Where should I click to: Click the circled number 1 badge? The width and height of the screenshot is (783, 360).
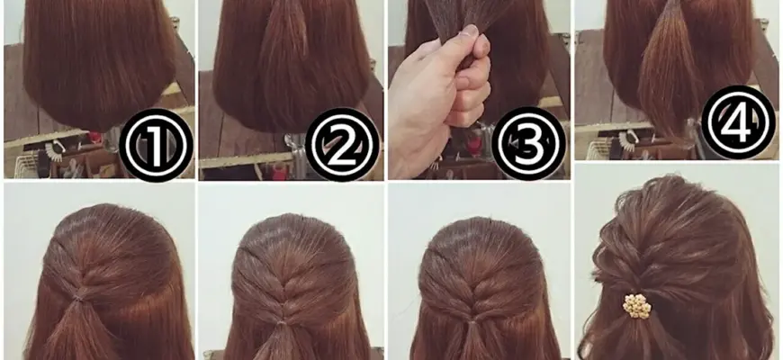[x=157, y=145]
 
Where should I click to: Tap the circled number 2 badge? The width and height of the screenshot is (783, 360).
[x=343, y=144]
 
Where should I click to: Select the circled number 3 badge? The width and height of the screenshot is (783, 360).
[x=529, y=144]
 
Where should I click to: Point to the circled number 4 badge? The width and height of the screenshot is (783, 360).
[x=739, y=122]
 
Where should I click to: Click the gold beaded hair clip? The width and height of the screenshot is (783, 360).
[x=636, y=306]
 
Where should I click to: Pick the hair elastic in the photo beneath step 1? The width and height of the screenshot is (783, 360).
[x=77, y=299]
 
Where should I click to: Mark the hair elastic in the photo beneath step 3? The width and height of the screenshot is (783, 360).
[x=472, y=322]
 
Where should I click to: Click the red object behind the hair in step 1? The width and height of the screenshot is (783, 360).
[x=94, y=136]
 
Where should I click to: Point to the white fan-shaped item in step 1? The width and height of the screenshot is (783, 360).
[x=53, y=149]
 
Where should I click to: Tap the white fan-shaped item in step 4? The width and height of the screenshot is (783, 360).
[x=626, y=139]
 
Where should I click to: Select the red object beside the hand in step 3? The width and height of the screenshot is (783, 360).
[x=474, y=145]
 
